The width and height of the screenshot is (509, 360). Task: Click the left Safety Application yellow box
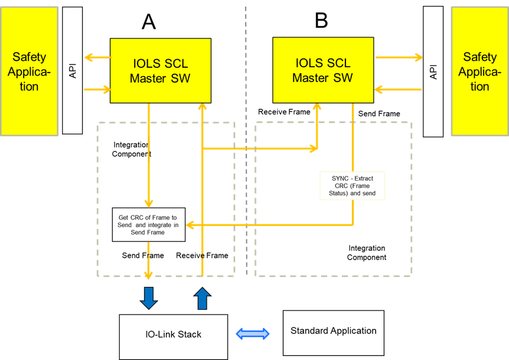29,71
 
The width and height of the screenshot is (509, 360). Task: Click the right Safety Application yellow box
479,71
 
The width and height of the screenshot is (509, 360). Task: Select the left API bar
72,70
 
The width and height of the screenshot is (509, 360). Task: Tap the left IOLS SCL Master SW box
160,70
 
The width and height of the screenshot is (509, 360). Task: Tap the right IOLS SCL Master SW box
322,70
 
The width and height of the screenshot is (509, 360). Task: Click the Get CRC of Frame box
149,224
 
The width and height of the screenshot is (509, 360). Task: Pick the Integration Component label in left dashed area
131,149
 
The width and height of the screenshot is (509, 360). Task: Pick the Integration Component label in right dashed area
367,253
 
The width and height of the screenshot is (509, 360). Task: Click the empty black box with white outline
353,186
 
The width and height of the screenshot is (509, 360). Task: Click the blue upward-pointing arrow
203,299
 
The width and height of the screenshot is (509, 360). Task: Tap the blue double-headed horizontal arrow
253,334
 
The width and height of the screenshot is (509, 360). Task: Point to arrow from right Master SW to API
399,57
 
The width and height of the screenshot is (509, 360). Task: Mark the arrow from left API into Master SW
97,90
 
